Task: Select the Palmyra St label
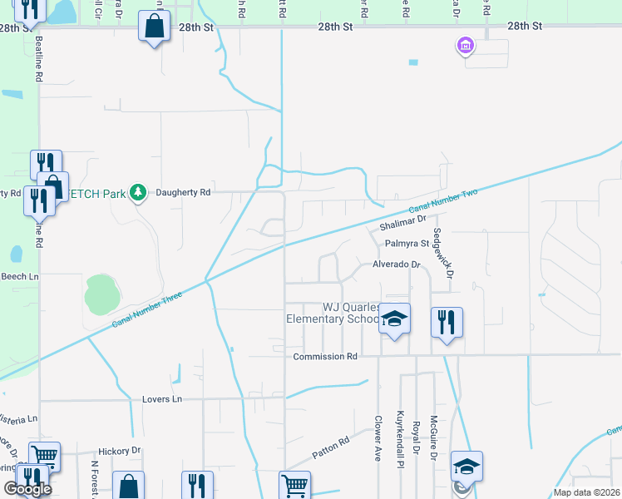point(407,244)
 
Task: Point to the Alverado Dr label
point(397,264)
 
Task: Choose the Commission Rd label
point(325,357)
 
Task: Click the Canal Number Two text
point(443,201)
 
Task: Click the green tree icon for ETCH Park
point(138,193)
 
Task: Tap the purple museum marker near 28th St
point(465,45)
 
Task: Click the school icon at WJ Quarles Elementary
point(395,319)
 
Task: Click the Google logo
point(27,489)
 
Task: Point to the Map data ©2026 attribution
point(586,492)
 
